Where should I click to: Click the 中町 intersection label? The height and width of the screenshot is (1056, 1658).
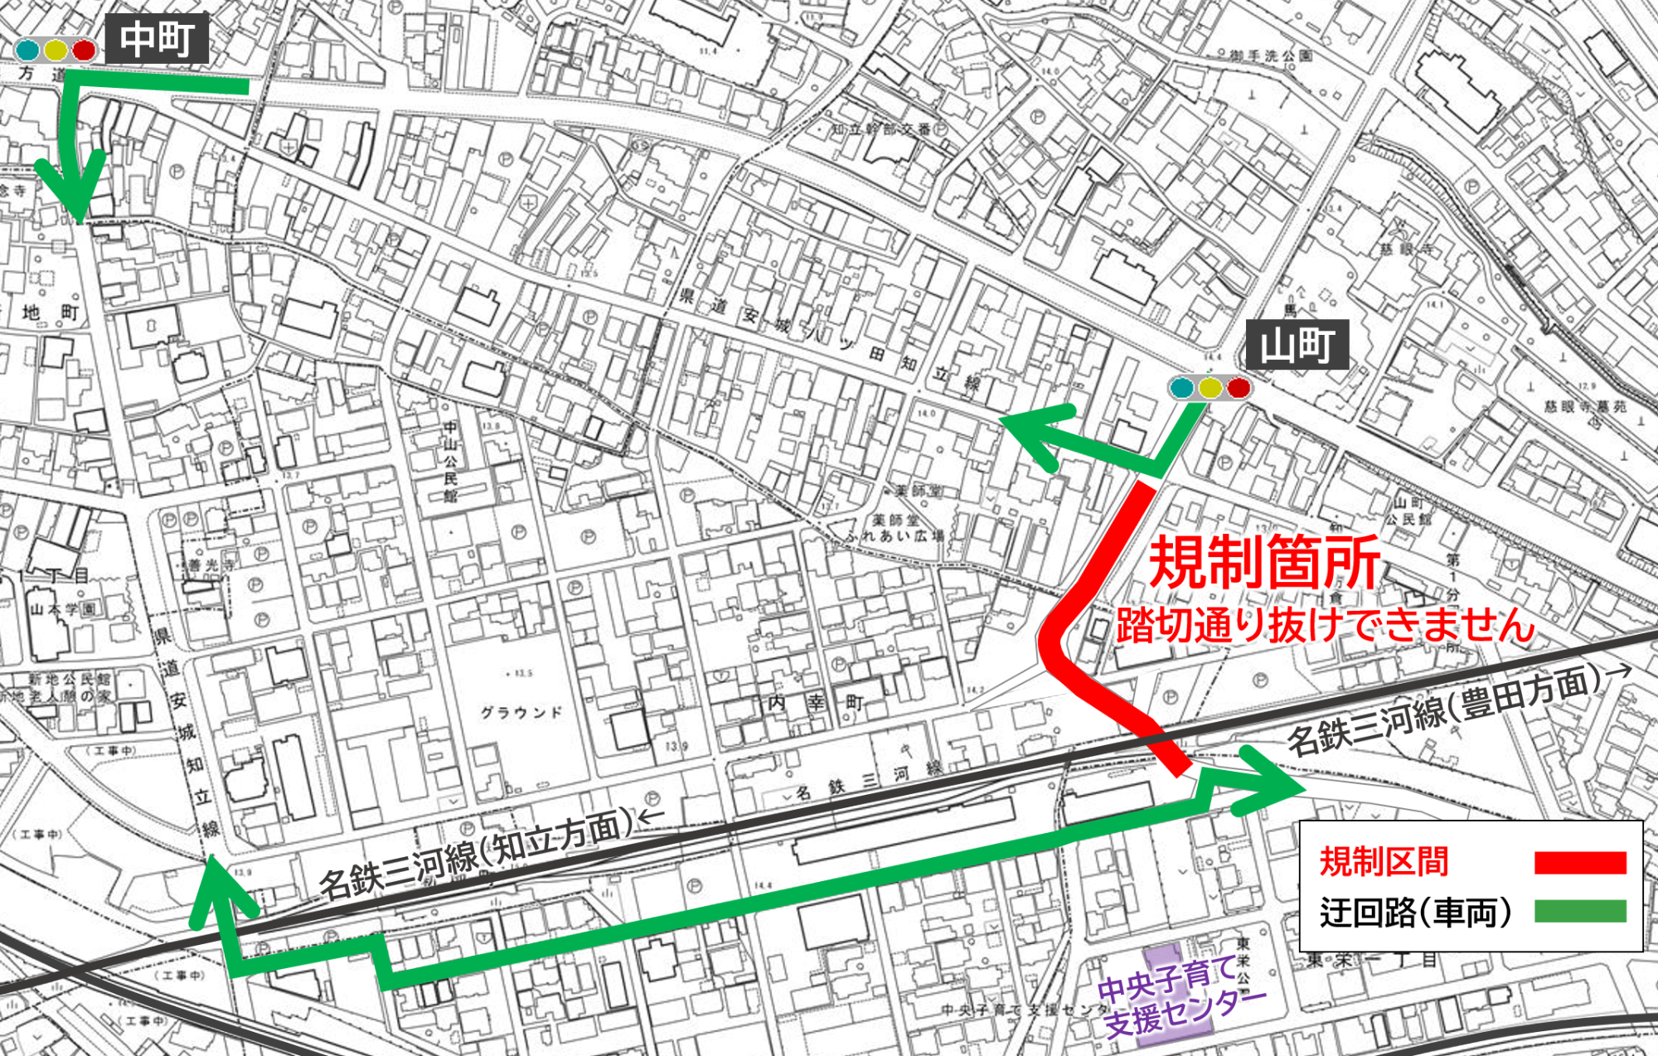click(157, 39)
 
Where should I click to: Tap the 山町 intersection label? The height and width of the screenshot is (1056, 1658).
click(1297, 345)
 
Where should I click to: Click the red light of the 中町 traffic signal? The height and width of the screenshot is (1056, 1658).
click(84, 51)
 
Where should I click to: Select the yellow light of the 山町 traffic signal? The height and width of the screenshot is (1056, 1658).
click(1210, 387)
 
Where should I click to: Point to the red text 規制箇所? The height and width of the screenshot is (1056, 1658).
click(1264, 563)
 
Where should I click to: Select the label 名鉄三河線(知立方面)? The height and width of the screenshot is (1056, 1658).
click(477, 856)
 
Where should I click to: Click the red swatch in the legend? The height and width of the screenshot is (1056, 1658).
click(1579, 862)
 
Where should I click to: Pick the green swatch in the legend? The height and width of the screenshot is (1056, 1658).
click(1579, 911)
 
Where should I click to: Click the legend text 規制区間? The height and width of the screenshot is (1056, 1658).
click(1384, 862)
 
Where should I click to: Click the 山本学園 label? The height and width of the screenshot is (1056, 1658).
click(63, 609)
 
